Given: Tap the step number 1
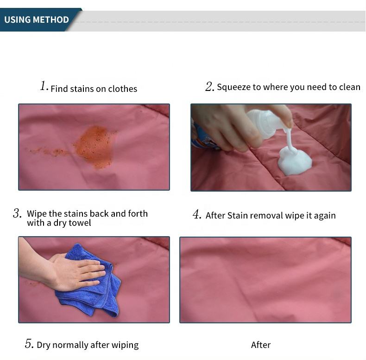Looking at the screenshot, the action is (44, 86).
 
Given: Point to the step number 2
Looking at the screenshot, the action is (209, 86).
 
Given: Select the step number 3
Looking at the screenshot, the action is (17, 213).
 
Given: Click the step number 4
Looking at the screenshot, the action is (197, 214).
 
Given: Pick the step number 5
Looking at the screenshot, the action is (29, 344).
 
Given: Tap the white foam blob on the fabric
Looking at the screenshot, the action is (295, 161).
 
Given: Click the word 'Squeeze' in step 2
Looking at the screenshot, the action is (233, 87).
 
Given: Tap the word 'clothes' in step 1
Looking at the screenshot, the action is (123, 89).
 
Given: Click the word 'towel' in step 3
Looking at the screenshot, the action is (79, 223).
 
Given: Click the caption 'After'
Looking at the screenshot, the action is (261, 345).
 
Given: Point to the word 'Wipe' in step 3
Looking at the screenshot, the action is (37, 214).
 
